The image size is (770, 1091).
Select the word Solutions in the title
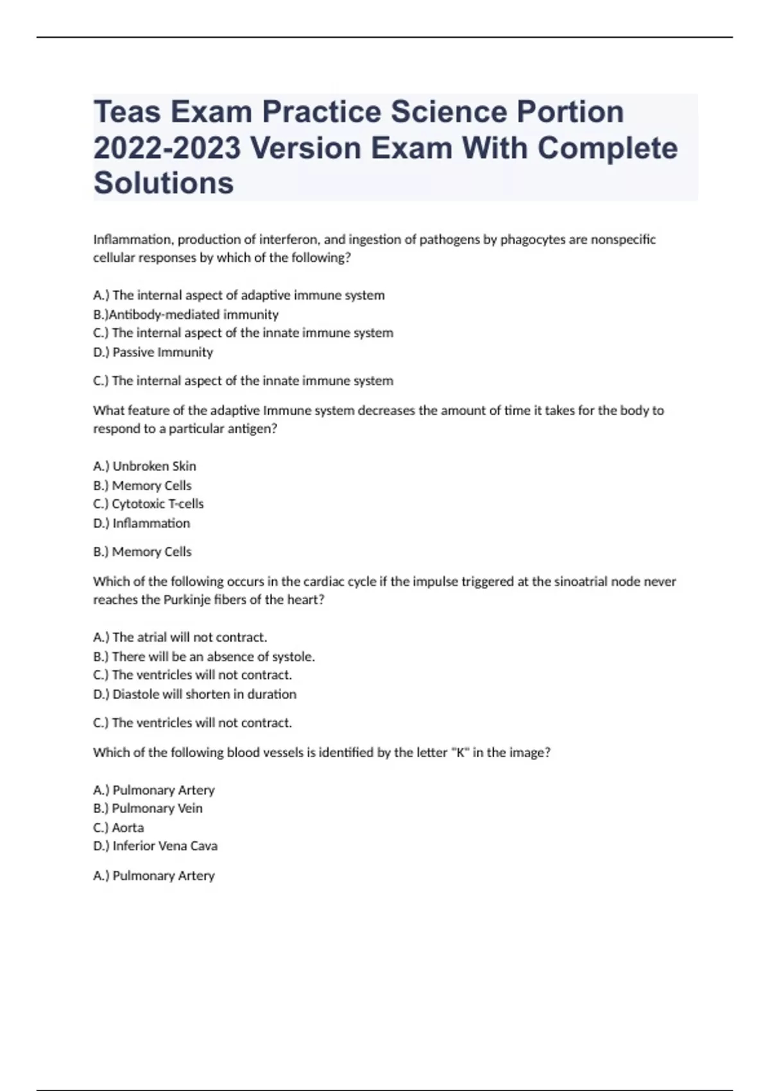pos(164,183)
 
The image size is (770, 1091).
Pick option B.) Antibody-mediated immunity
pos(186,314)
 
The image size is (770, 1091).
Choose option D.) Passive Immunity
pos(153,352)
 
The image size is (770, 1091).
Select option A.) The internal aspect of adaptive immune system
pos(239,295)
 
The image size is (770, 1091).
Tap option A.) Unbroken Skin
pos(144,466)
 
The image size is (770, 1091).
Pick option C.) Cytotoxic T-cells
pos(148,504)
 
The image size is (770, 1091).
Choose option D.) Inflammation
pos(141,523)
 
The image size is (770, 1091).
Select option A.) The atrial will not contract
pos(180,637)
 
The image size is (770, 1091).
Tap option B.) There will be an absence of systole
pos(204,657)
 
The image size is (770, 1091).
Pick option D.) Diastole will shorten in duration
pos(194,694)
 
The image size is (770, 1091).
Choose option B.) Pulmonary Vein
pos(148,809)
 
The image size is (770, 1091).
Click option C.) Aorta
pos(119,827)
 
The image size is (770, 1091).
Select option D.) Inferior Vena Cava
pos(155,846)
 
